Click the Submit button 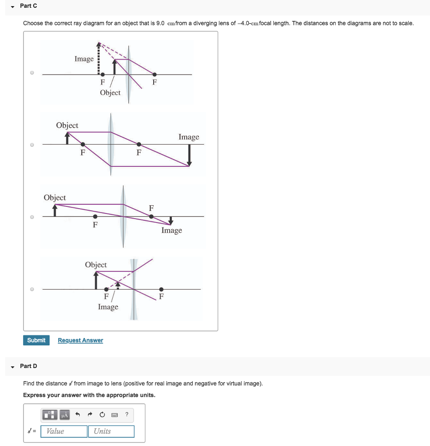(36, 340)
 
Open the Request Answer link (81, 340)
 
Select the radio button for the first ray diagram (32, 73)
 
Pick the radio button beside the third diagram (32, 216)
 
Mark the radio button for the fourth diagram (32, 289)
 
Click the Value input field (64, 431)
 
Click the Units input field (111, 431)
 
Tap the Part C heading (28, 6)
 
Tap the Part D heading (28, 366)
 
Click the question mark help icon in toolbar (127, 414)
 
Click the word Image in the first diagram (84, 59)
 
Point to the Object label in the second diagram (67, 125)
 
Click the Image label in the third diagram (171, 230)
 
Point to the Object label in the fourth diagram (96, 265)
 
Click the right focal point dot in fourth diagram (161, 289)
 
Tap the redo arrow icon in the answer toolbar (90, 414)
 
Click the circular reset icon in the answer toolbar (102, 414)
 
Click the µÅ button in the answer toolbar (64, 415)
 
